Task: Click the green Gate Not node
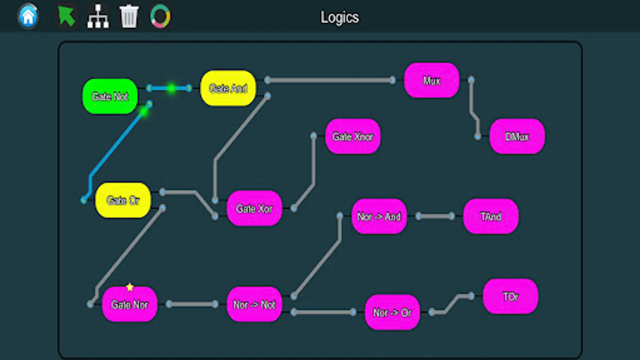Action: (x=110, y=96)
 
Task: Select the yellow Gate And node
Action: (x=228, y=88)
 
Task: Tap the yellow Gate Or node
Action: (x=123, y=200)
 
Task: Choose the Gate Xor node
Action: (x=254, y=208)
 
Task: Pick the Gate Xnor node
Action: (x=353, y=136)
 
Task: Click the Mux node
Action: (x=432, y=80)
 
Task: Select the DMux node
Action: (x=517, y=136)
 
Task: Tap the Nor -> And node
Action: (x=379, y=216)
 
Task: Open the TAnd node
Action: (x=491, y=216)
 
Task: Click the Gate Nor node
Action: (x=130, y=304)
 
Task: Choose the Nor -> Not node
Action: (x=254, y=304)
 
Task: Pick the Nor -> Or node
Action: (x=392, y=312)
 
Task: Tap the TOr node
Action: (x=510, y=296)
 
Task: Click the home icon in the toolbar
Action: (x=28, y=16)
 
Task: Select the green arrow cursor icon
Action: (x=66, y=16)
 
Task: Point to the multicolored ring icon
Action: (x=160, y=16)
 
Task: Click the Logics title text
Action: (x=340, y=17)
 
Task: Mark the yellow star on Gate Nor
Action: (x=130, y=287)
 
